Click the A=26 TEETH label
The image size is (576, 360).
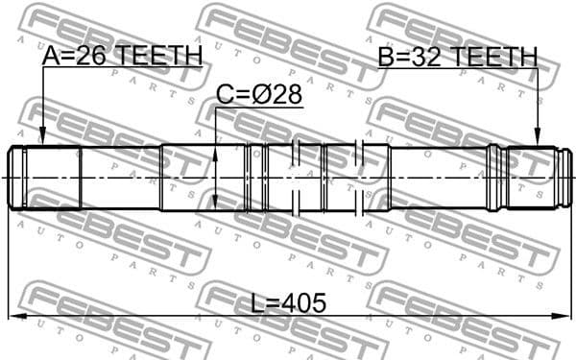[122, 57]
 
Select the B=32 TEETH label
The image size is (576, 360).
[457, 57]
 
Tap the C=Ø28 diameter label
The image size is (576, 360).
[258, 95]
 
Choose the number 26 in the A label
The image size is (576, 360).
[89, 57]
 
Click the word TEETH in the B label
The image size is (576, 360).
[494, 57]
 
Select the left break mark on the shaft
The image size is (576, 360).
[298, 178]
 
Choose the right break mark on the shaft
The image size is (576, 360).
[358, 178]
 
